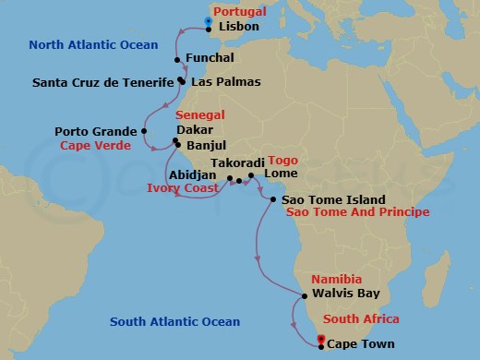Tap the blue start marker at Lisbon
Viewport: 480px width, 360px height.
[210, 21]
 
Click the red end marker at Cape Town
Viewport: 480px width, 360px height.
[320, 341]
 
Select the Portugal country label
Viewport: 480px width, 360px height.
[239, 12]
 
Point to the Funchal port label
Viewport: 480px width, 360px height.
[211, 60]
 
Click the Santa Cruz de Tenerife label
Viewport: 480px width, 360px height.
[102, 81]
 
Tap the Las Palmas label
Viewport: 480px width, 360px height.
[225, 81]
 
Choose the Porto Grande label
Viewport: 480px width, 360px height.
[93, 131]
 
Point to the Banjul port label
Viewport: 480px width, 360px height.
[208, 146]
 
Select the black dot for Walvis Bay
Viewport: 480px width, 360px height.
[304, 296]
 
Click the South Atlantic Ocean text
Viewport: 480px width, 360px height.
[174, 322]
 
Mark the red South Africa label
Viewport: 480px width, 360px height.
[359, 319]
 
